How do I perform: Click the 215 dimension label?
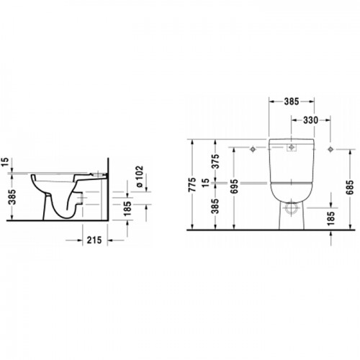pyautogui.click(x=94, y=240)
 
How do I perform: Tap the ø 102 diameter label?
pyautogui.click(x=139, y=176)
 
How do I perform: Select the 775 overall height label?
pyautogui.click(x=192, y=184)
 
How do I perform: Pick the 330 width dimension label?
pyautogui.click(x=310, y=120)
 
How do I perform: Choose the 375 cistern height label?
pyautogui.click(x=216, y=161)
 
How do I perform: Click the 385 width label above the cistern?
pyautogui.click(x=292, y=102)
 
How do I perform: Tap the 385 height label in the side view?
pyautogui.click(x=12, y=197)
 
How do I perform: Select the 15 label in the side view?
pyautogui.click(x=5, y=162)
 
